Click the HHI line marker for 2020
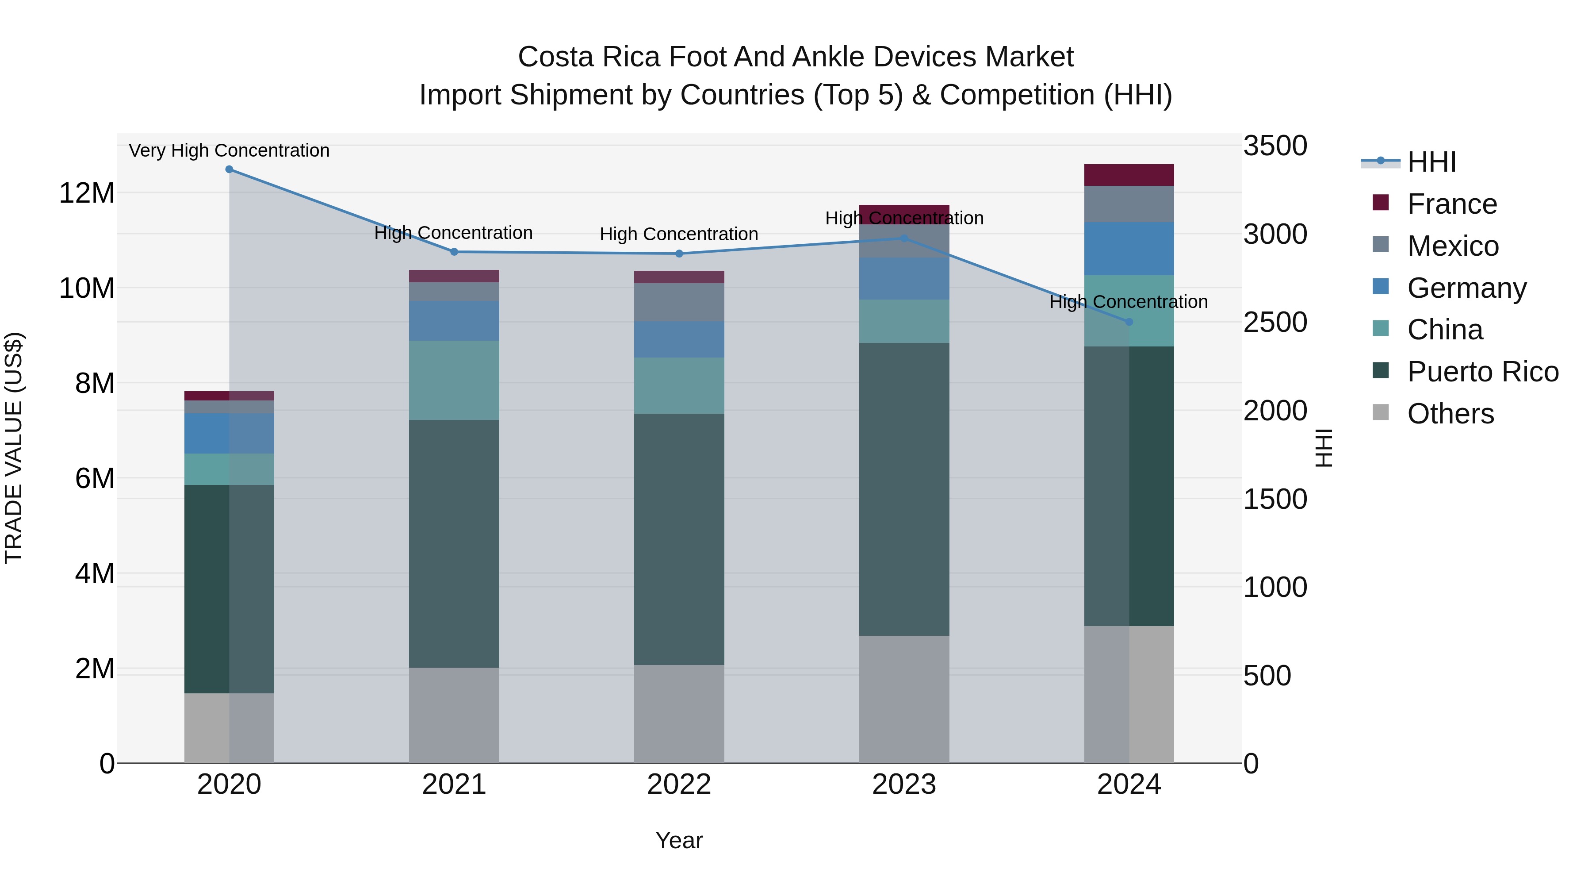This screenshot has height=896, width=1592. click(x=229, y=169)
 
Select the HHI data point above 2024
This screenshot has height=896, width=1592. click(x=1129, y=322)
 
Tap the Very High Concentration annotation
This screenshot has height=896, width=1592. click(x=229, y=151)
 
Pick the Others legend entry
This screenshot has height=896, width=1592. click(x=1450, y=414)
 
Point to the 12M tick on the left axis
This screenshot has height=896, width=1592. click(x=87, y=193)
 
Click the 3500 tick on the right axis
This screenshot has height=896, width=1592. click(x=1274, y=146)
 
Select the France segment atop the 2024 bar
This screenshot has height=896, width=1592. click(x=1129, y=175)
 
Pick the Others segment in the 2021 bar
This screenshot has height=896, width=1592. click(x=454, y=715)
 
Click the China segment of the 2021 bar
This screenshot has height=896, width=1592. click(x=454, y=380)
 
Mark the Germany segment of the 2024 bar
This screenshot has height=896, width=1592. click(x=1129, y=249)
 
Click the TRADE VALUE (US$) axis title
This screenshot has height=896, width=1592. click(x=14, y=448)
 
